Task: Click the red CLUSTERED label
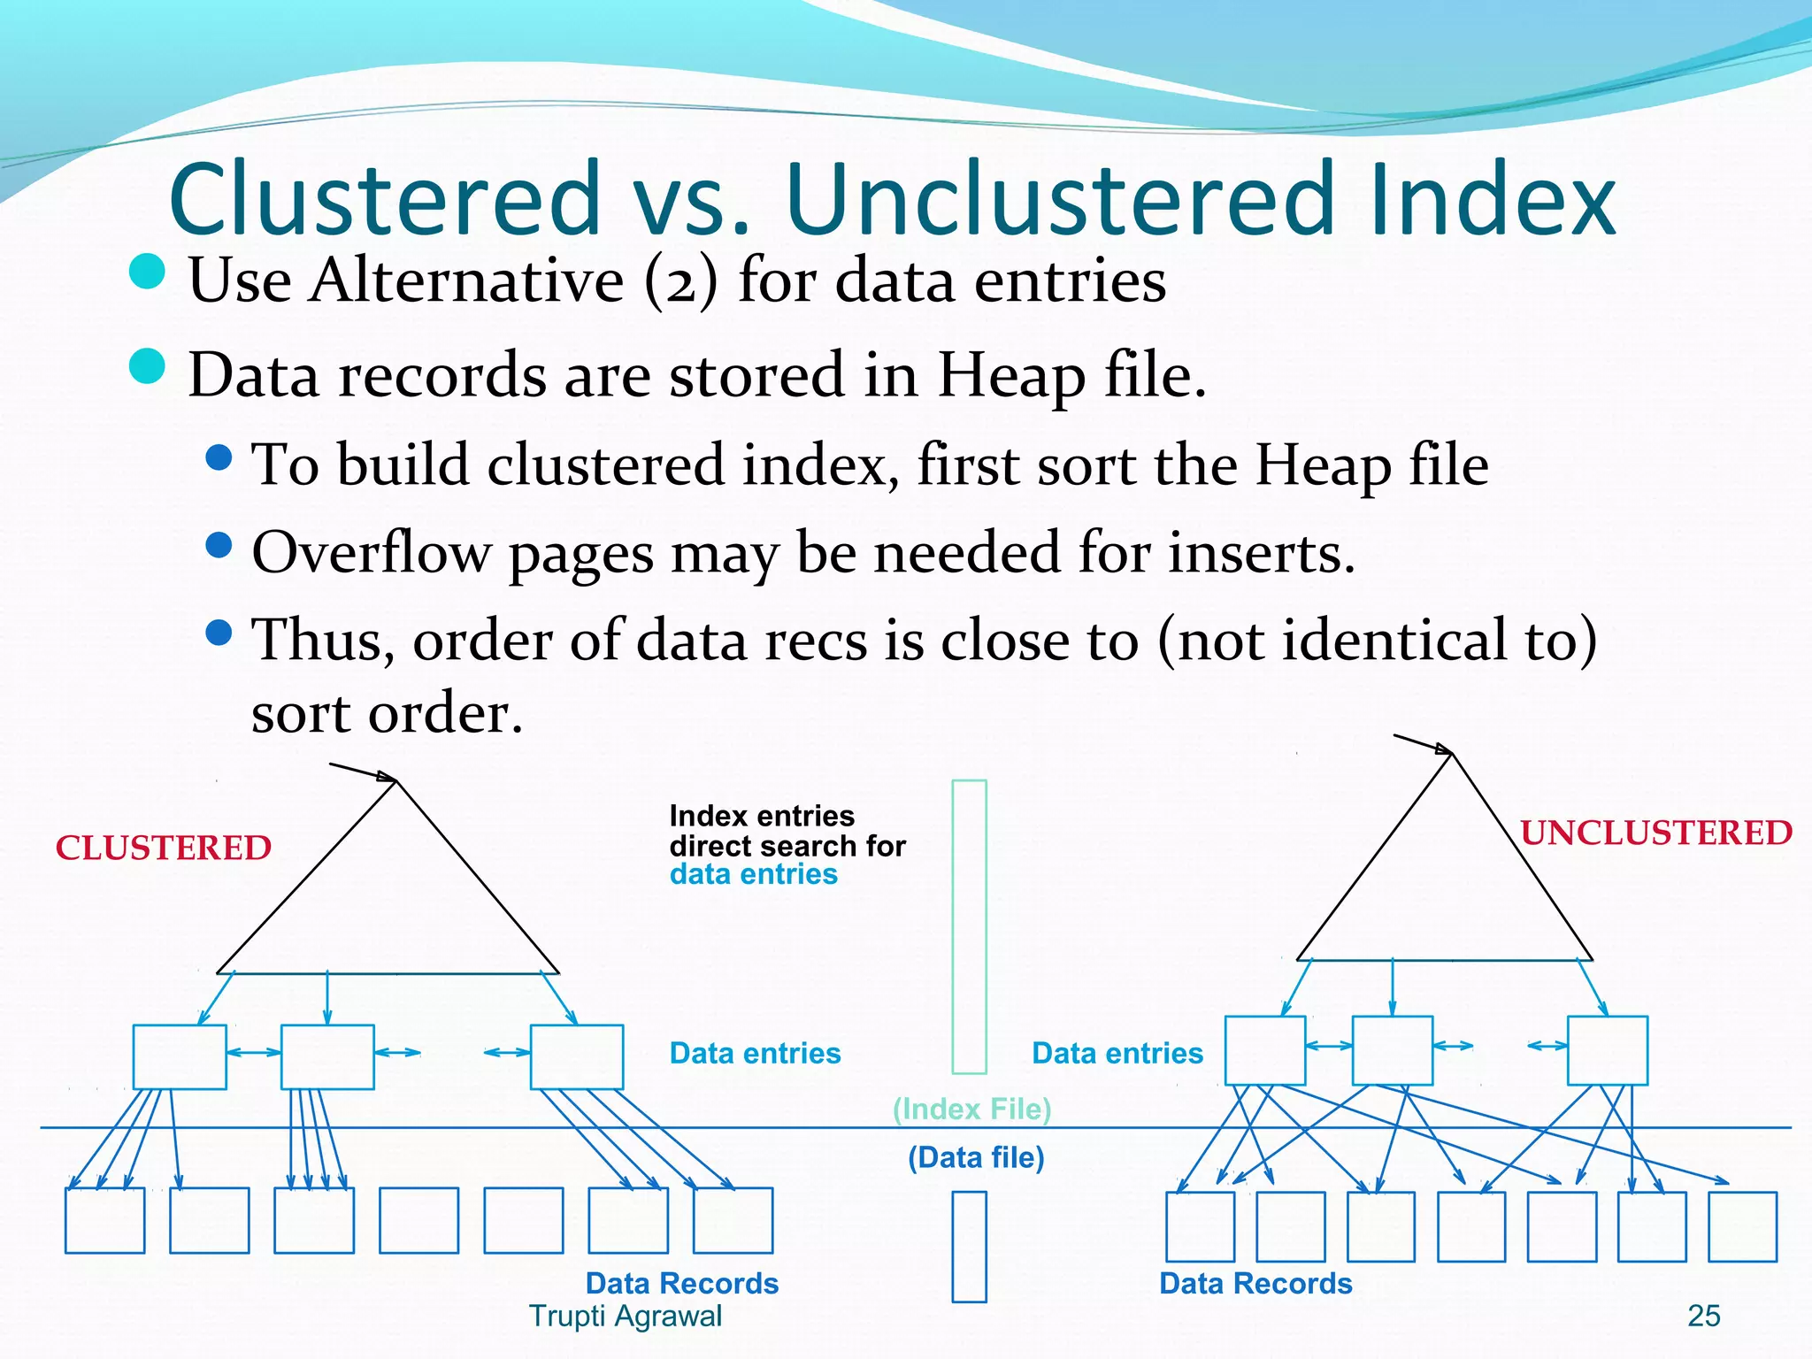(163, 848)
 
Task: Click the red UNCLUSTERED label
(1655, 833)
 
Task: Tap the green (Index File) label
(971, 1109)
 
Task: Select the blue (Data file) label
(976, 1157)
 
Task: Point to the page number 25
(1703, 1316)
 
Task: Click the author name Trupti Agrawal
(625, 1316)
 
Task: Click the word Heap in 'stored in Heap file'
(1010, 375)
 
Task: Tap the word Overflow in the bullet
(371, 553)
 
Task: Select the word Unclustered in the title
(1059, 199)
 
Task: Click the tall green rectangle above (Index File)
(969, 926)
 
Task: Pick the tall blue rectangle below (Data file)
(969, 1247)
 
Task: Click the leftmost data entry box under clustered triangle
(180, 1056)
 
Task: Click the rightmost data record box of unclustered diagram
(1741, 1226)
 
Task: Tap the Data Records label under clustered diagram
(681, 1283)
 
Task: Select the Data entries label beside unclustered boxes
(1117, 1053)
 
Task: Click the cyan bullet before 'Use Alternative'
(147, 272)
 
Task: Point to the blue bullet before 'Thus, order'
(219, 632)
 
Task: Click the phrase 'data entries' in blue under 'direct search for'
(753, 874)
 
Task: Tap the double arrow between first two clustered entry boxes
(253, 1052)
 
